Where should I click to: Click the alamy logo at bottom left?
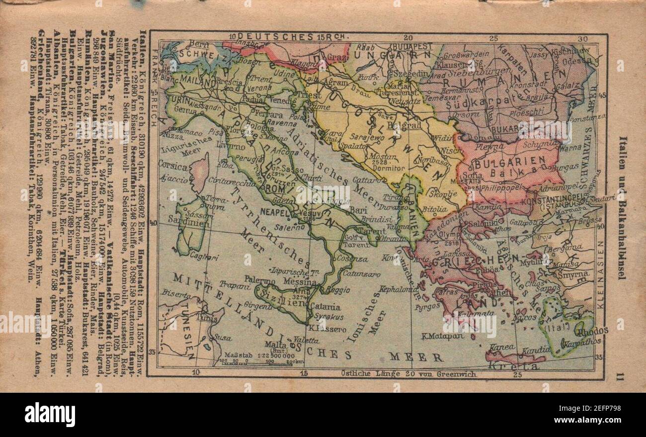click(50, 414)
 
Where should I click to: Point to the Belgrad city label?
click(404, 125)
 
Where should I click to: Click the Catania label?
click(324, 307)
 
